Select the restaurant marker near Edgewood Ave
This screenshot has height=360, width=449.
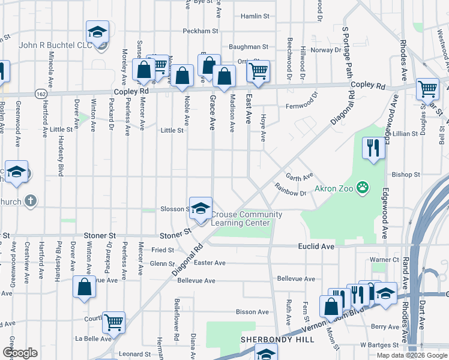click(x=373, y=148)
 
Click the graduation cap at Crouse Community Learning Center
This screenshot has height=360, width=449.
click(x=201, y=208)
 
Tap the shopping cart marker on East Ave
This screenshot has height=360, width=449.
click(x=258, y=71)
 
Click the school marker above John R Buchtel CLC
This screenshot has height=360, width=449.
click(x=97, y=31)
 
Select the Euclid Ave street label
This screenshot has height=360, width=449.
click(x=316, y=246)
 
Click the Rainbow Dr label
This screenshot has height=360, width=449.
click(x=291, y=193)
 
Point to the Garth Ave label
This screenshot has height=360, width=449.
click(x=300, y=177)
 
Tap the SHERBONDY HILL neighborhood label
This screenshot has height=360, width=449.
click(x=277, y=340)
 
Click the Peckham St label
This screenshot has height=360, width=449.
click(x=200, y=31)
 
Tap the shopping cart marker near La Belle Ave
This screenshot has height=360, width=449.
click(x=113, y=322)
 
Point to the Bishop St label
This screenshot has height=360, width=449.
click(x=406, y=175)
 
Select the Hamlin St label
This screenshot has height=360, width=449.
click(x=254, y=17)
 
